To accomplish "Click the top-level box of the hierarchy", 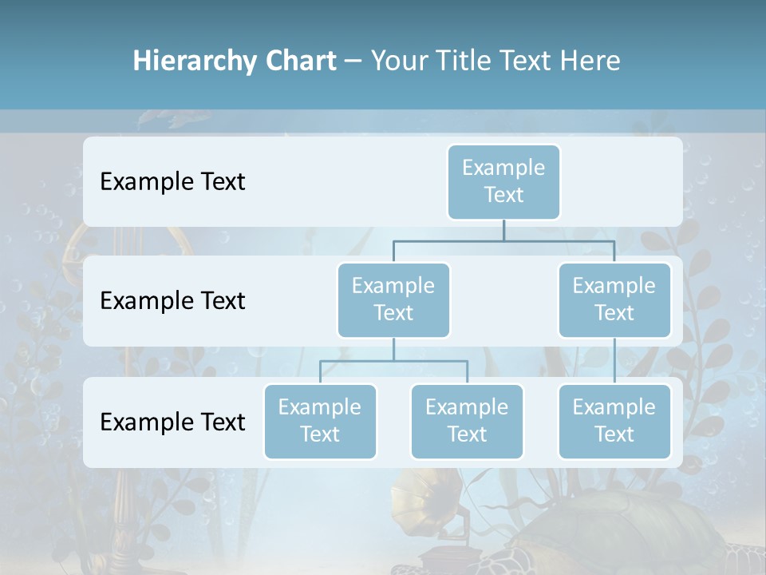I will pos(503,181).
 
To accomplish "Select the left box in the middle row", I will pos(393,299).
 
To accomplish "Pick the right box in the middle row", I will pos(614,299).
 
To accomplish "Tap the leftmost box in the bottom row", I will pos(320,421).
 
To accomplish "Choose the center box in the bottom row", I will pos(467,421).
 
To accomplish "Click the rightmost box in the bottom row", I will pos(614,421).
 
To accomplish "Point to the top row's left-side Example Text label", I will pos(172,182).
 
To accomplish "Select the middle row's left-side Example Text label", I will pos(172,301).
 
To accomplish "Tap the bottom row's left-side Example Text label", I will pos(172,422).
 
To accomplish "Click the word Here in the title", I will pos(590,61).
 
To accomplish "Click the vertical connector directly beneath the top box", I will pos(503,230).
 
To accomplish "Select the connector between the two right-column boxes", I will pos(614,361).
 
